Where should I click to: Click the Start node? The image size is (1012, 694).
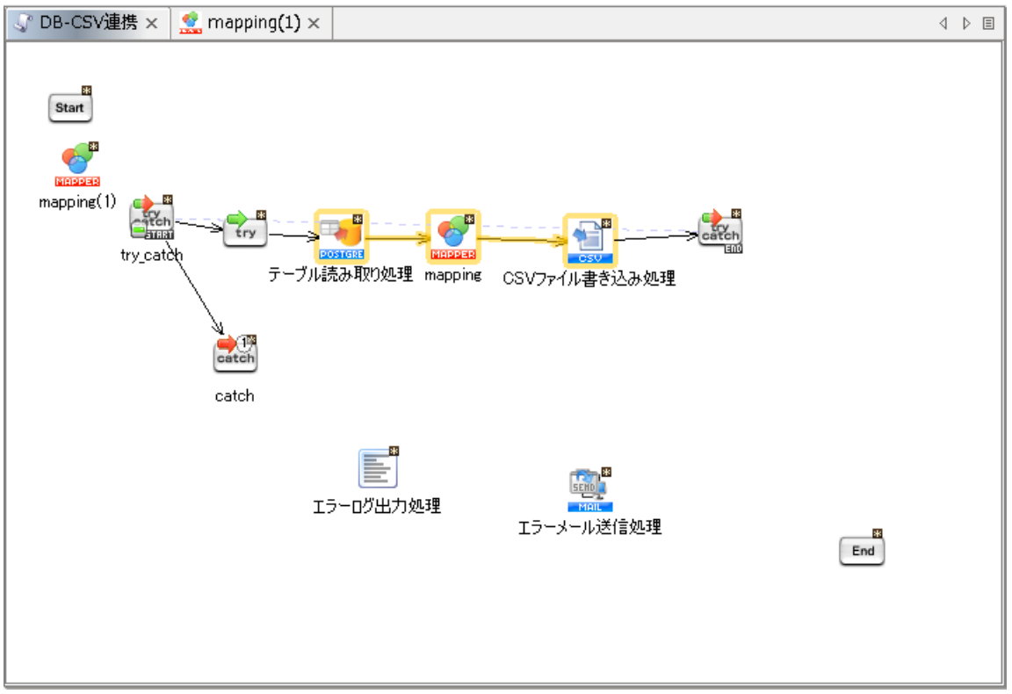click(69, 108)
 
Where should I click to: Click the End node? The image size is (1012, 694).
click(862, 551)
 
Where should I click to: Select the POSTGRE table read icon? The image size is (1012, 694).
click(341, 236)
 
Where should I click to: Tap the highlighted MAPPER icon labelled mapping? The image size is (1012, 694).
click(453, 236)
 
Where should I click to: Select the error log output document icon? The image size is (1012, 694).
click(378, 467)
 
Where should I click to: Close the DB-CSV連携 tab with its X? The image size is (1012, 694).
click(151, 24)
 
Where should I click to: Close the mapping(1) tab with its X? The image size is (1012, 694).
click(314, 24)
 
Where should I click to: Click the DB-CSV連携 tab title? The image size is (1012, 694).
click(88, 24)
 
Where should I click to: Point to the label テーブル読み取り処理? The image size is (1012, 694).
click(340, 275)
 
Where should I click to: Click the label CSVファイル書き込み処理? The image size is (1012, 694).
click(589, 278)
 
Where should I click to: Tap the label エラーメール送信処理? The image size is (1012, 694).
click(589, 527)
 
